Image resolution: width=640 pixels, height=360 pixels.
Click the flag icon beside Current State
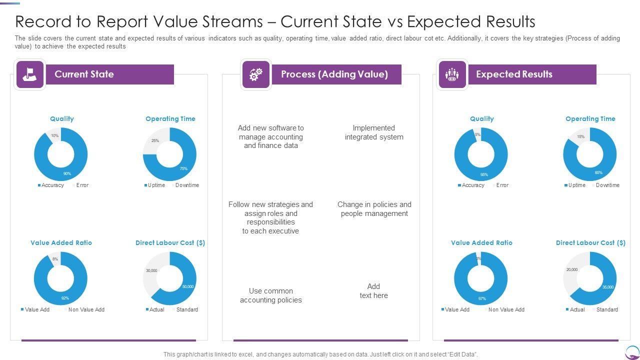click(x=30, y=74)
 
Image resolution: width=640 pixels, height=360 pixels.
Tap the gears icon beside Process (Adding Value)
click(x=255, y=74)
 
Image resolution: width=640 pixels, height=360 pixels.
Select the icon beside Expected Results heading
click(x=452, y=74)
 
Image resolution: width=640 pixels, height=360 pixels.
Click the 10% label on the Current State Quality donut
click(x=54, y=135)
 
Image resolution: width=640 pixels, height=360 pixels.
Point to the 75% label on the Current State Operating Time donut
click(x=183, y=168)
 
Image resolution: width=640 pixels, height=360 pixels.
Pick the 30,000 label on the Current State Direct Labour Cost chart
click(x=151, y=270)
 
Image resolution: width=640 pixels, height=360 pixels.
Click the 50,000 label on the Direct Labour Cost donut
click(x=188, y=286)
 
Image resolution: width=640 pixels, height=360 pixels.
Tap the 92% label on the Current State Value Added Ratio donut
click(x=65, y=298)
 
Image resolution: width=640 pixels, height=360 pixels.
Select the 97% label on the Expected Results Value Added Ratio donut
click(x=482, y=298)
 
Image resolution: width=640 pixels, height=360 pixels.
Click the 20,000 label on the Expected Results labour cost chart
click(x=572, y=269)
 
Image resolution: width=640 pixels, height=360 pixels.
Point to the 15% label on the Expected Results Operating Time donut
click(x=580, y=136)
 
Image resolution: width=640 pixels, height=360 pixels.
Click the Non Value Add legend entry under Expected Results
click(x=506, y=309)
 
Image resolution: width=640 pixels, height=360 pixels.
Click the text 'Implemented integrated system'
click(x=374, y=132)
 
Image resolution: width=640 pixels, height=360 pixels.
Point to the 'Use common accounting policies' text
click(x=270, y=295)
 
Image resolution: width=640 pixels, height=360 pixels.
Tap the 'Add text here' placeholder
click(x=373, y=291)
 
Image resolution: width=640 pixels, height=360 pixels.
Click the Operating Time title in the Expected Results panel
click(x=590, y=118)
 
